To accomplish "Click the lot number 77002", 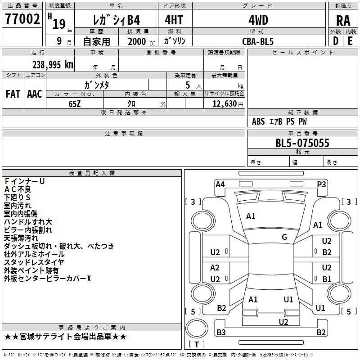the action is [x=22, y=19].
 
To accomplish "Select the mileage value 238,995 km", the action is [x=53, y=65].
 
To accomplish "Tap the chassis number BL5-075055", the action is [x=302, y=143].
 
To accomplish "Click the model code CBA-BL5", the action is [x=258, y=41].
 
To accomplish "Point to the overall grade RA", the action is [x=343, y=21].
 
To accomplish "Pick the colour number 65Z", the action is [x=74, y=104].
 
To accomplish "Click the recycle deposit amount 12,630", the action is [x=225, y=103].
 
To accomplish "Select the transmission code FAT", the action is [x=13, y=94].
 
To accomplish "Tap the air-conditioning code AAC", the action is [x=35, y=94].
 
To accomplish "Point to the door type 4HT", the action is [x=174, y=20].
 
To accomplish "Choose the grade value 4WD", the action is [x=258, y=20].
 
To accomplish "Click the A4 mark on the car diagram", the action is [x=220, y=184].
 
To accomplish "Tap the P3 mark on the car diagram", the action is [x=321, y=184].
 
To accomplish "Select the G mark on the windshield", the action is [x=284, y=237].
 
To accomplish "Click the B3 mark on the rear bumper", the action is [x=221, y=332].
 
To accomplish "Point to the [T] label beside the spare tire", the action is [x=197, y=344].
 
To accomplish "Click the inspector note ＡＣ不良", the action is [x=18, y=189].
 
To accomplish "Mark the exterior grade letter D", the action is [x=336, y=41].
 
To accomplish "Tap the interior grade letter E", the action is [x=350, y=41].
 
